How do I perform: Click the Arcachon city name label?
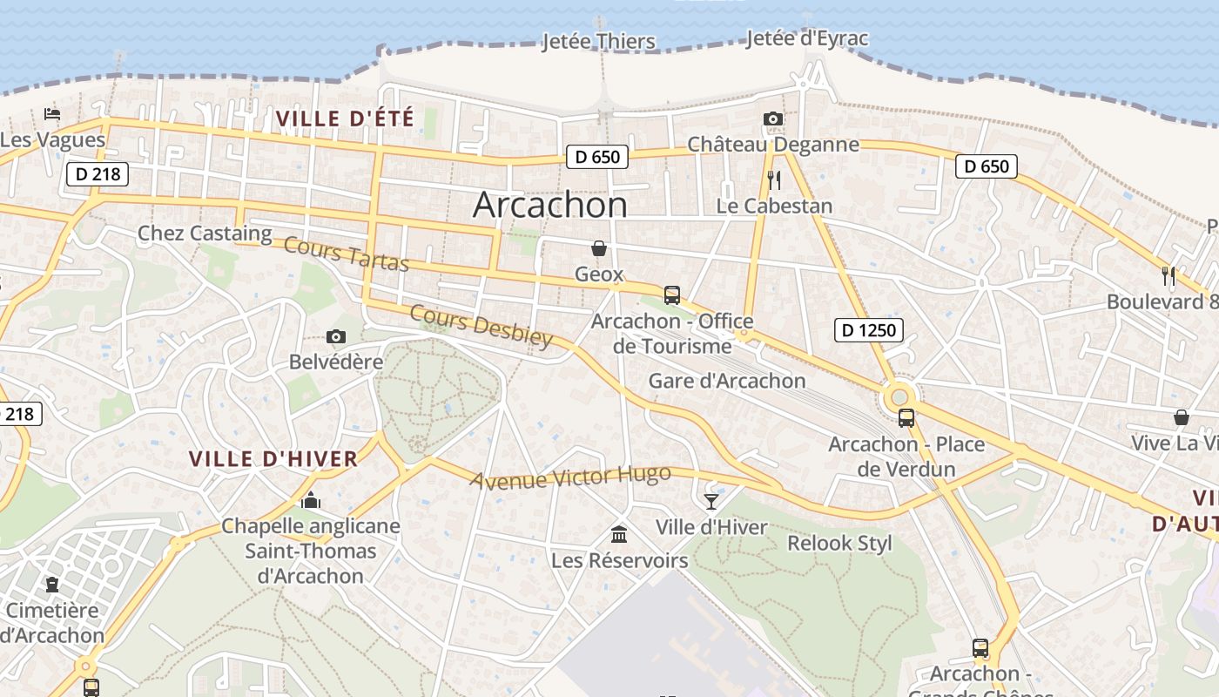click(x=549, y=205)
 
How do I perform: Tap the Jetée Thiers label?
click(x=598, y=41)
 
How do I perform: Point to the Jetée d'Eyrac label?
click(x=807, y=38)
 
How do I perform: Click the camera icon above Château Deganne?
click(x=772, y=119)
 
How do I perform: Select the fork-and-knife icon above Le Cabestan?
click(x=773, y=180)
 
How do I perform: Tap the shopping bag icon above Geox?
click(x=599, y=249)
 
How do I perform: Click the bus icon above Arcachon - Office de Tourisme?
click(x=671, y=294)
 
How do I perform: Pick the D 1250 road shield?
click(x=869, y=329)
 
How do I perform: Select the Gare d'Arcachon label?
click(x=727, y=381)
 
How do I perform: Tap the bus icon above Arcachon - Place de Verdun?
click(x=906, y=417)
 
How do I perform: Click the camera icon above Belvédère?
click(x=335, y=336)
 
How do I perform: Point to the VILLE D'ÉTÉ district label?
click(x=344, y=118)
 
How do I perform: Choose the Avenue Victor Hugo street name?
click(x=571, y=477)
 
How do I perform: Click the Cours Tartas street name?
click(x=347, y=254)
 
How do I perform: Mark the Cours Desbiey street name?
click(x=481, y=326)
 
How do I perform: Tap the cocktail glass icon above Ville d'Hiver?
click(x=711, y=501)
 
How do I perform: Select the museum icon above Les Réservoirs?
click(x=619, y=533)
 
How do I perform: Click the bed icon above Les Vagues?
click(x=52, y=114)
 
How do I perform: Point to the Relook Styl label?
click(x=839, y=544)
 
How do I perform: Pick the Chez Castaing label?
click(x=205, y=233)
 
